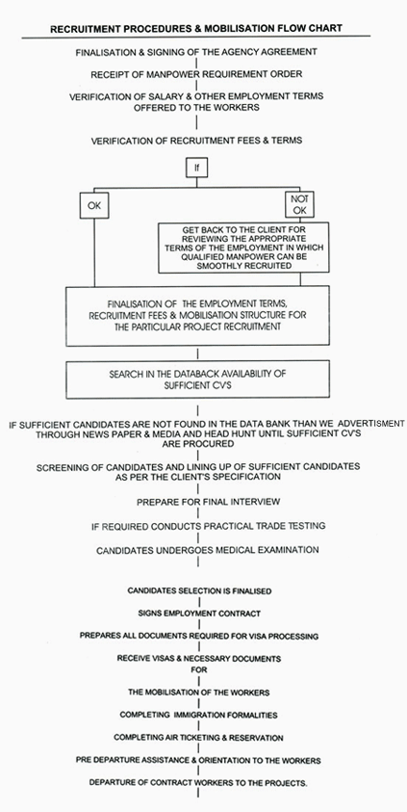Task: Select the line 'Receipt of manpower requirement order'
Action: pos(196,74)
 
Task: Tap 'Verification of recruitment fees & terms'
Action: pos(196,141)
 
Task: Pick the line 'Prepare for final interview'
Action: pos(209,502)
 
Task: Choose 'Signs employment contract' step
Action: pos(199,614)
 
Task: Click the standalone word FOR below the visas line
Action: pos(199,669)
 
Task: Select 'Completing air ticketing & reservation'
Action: pos(198,737)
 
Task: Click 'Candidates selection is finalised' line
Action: pos(199,590)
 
